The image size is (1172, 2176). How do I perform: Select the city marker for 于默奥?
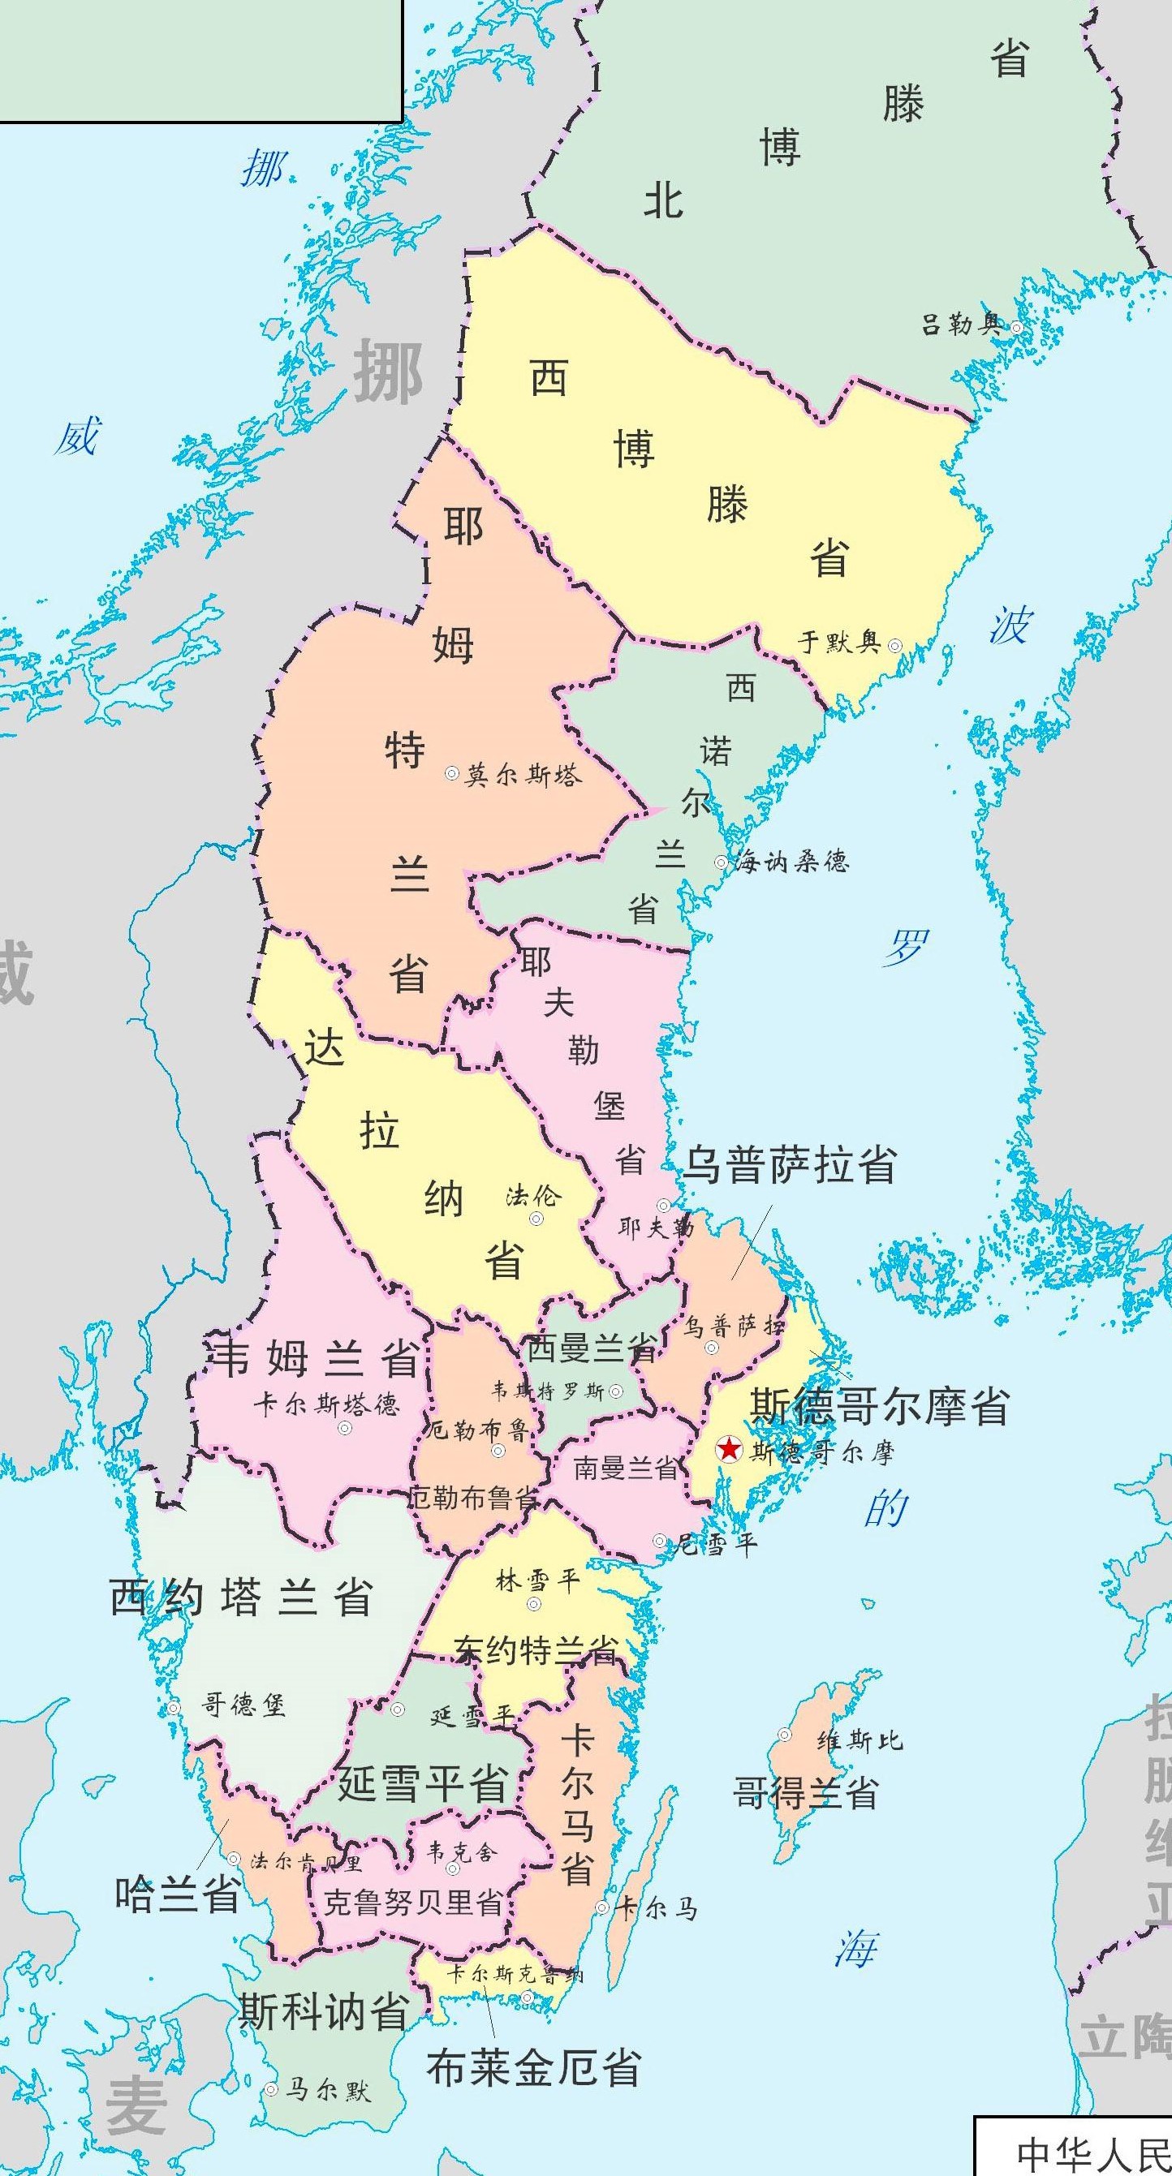pos(895,646)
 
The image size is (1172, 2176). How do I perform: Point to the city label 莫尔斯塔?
pos(522,775)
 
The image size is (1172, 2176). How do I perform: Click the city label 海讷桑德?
pos(790,862)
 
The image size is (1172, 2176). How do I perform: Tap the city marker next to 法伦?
pos(536,1218)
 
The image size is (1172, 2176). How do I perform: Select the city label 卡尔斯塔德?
pos(327,1404)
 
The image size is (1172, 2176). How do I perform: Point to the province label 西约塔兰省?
pos(242,1598)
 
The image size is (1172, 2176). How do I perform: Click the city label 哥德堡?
pos(243,1705)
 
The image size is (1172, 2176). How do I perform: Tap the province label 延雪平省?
pos(423,1783)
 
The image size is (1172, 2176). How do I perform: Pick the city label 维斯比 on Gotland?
pos(860,1740)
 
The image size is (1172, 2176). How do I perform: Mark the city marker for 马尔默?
pos(271,2089)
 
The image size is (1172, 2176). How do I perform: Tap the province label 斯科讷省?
pos(324,2012)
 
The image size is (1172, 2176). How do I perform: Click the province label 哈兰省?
pos(178,1894)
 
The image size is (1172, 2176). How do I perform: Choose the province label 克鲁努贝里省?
pos(413,1903)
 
